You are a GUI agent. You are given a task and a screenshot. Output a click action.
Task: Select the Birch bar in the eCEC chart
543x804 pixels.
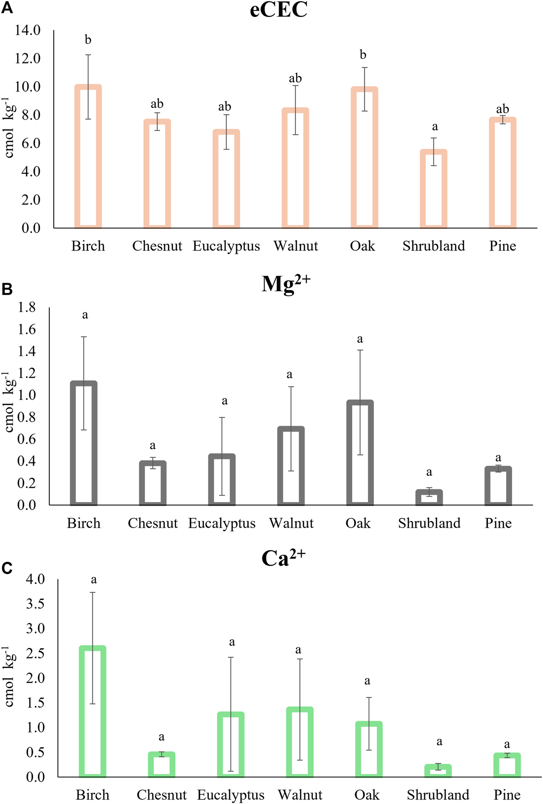(88, 156)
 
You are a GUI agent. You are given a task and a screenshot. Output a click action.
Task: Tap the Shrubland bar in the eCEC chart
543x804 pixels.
(434, 188)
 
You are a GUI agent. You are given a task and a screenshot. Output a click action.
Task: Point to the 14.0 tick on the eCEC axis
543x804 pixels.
(28, 30)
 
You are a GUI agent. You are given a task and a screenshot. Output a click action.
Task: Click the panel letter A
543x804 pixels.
(7, 8)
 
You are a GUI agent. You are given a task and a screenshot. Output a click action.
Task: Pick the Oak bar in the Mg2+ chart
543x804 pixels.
(360, 452)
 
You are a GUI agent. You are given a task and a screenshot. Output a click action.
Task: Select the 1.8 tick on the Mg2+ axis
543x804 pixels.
(26, 308)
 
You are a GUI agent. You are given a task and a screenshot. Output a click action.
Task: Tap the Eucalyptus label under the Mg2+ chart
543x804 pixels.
(222, 523)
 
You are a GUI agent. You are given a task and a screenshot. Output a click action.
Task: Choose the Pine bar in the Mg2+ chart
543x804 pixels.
(498, 485)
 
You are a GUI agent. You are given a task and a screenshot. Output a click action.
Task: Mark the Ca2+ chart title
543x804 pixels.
(283, 558)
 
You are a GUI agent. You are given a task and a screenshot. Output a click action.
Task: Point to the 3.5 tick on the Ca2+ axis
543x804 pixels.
(35, 604)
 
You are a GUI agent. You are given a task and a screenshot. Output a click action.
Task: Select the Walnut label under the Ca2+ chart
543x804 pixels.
(300, 795)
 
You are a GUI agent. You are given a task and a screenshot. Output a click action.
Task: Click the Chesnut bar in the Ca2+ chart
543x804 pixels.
(161, 765)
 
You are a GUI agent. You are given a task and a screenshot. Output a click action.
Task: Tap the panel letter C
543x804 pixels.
(7, 568)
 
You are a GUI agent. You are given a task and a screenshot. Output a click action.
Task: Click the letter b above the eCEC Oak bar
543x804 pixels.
(363, 55)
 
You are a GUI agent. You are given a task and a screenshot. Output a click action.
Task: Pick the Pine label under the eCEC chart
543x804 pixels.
(503, 246)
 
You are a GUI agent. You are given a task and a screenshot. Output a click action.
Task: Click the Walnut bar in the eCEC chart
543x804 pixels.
(295, 168)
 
